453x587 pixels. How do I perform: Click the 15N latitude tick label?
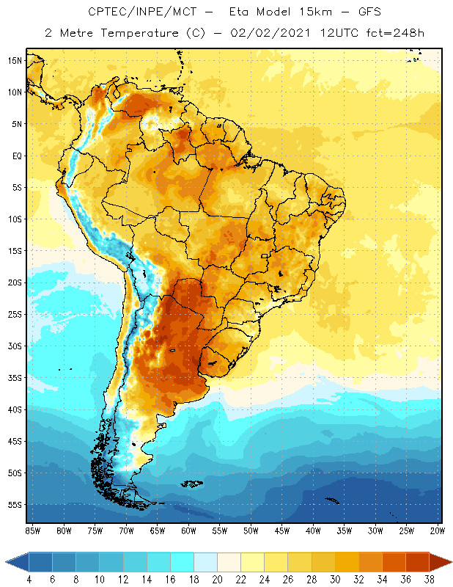coord(15,60)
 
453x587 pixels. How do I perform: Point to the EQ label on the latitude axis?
coord(15,156)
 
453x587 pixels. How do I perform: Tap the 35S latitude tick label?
coord(15,378)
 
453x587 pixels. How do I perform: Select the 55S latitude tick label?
coord(15,505)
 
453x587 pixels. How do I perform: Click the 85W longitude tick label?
coord(32,531)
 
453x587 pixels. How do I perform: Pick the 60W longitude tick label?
coord(188,531)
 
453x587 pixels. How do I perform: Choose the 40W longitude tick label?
coord(313,531)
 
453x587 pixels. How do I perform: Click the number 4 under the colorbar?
coord(29,580)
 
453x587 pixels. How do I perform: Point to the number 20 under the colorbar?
coord(217,580)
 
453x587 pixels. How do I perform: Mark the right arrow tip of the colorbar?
coord(450,562)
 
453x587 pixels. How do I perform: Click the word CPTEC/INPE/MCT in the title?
coord(134,12)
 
